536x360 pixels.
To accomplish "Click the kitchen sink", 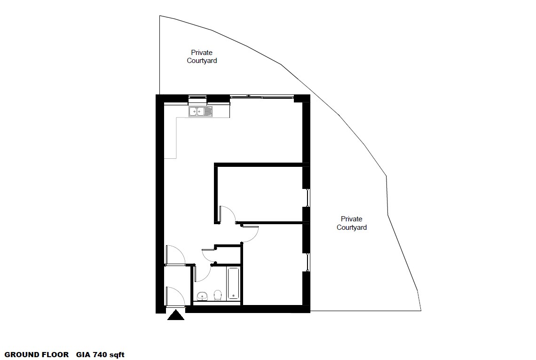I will pos(200,111).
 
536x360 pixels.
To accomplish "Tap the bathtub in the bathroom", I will pos(233,283).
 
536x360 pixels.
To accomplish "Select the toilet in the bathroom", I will pos(217,295).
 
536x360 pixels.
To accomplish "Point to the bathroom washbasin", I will pos(202,296).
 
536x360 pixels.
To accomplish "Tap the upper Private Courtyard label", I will pos(202,56).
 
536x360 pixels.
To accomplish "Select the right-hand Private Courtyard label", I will pos(352,223).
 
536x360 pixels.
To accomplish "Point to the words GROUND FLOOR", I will pos(37,355).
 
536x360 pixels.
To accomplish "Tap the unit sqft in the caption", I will pos(117,355).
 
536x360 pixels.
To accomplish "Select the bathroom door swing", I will pos(201,273).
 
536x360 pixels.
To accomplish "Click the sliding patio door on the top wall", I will pos(261,97).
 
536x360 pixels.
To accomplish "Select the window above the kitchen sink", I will pos(197,99).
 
